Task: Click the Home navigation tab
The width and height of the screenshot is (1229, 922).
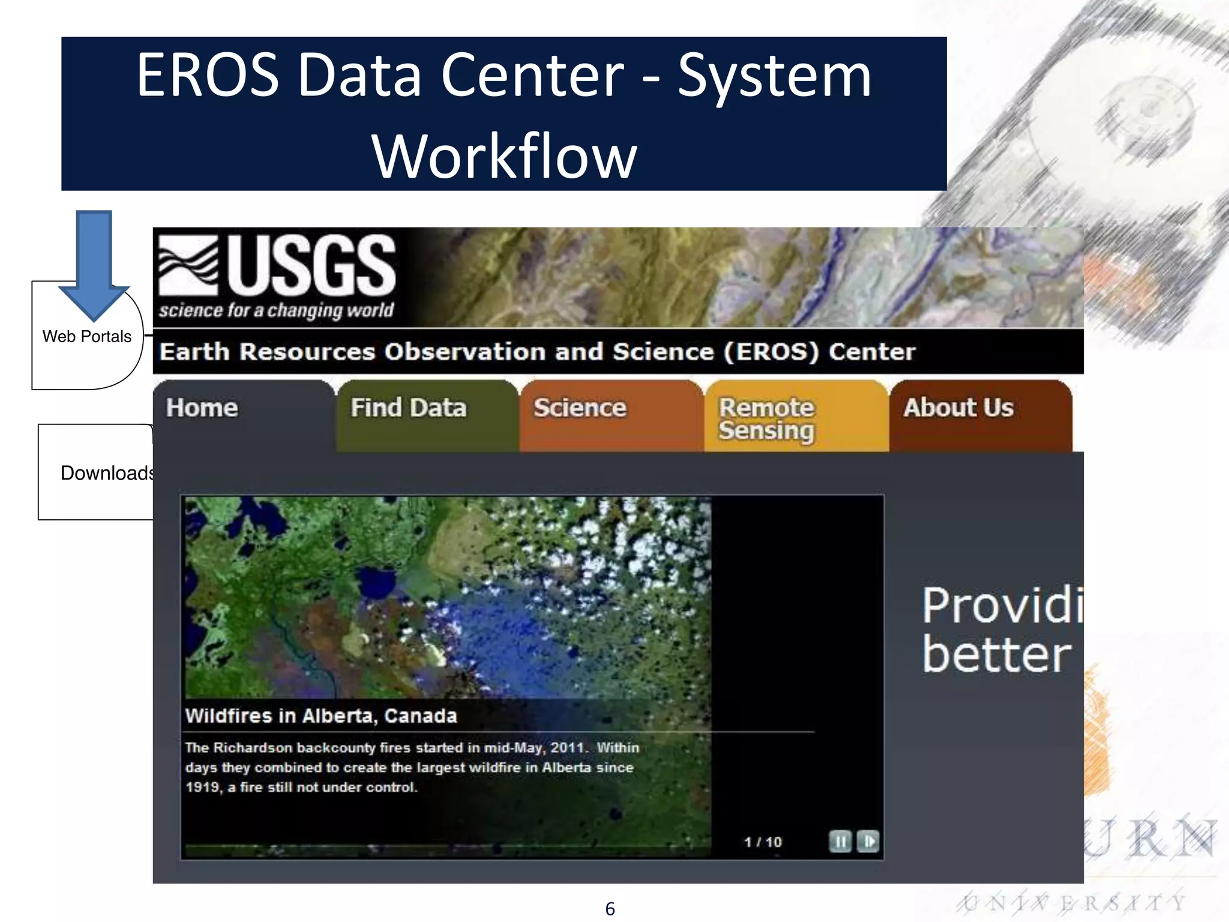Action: click(x=202, y=408)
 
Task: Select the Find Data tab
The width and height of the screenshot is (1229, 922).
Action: click(x=409, y=408)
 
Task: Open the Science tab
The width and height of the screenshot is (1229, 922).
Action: click(x=580, y=408)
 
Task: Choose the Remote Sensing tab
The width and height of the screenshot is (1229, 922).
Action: click(x=766, y=419)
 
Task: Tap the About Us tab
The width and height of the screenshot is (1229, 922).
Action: click(x=958, y=408)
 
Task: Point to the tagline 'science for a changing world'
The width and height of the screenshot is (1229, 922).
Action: click(x=276, y=310)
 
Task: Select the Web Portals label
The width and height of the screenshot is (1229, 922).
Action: click(x=87, y=337)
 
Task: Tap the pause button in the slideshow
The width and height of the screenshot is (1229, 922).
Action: click(x=840, y=842)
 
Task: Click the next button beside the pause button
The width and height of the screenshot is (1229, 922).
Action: click(x=868, y=842)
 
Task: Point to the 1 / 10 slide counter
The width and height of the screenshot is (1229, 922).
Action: click(x=763, y=842)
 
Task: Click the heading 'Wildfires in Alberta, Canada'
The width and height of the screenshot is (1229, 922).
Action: click(x=321, y=716)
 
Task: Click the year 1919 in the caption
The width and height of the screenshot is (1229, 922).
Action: click(x=203, y=788)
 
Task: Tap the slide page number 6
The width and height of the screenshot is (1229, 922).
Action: click(x=610, y=909)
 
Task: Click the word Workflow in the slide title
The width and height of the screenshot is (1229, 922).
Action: click(x=504, y=156)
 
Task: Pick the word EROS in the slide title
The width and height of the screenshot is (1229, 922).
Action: click(x=208, y=75)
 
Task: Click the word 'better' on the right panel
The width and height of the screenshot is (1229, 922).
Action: click(x=996, y=655)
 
